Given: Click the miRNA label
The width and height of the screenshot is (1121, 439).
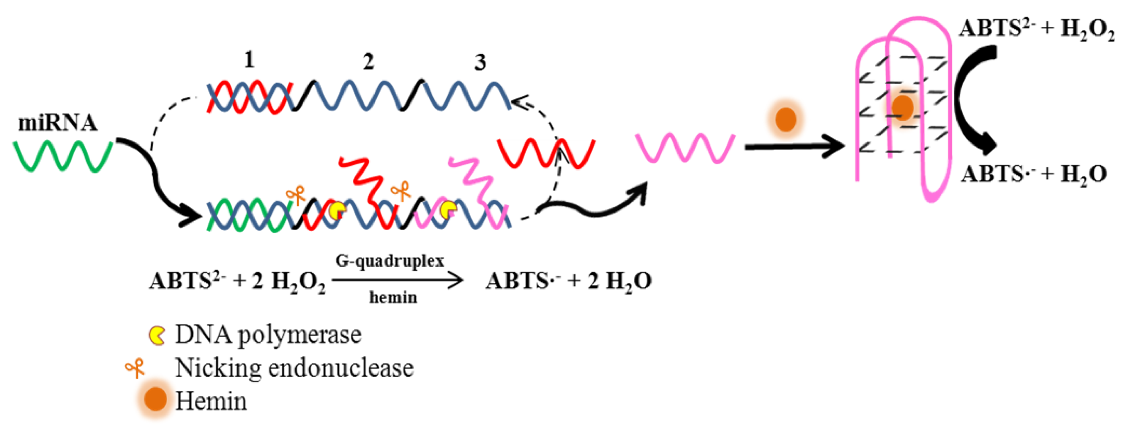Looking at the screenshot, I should point(57,123).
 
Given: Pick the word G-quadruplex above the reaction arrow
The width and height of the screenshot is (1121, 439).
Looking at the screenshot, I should point(390,261).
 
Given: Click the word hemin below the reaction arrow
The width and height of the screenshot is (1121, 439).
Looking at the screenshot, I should point(393,298).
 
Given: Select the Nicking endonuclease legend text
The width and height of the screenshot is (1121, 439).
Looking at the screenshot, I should point(294,368).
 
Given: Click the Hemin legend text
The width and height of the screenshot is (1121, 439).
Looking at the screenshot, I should point(211,401).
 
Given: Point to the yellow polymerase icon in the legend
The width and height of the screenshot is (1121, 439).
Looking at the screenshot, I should point(157,335).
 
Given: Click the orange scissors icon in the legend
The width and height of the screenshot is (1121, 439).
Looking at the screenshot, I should point(135,369).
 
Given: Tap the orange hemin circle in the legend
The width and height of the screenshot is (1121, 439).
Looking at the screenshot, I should point(155,399).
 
